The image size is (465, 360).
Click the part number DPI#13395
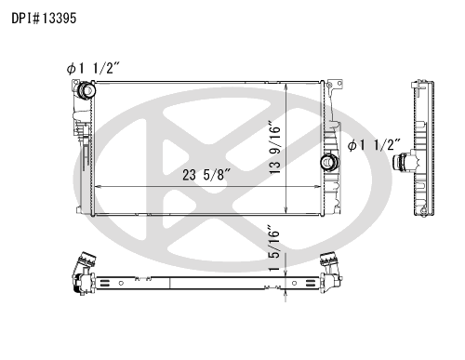(44, 19)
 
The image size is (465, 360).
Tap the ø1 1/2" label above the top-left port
(93, 68)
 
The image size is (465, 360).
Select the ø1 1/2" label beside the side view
(374, 145)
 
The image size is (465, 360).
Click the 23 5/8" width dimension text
(206, 175)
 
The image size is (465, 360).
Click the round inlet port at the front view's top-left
(86, 90)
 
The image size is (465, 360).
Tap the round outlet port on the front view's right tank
(329, 162)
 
